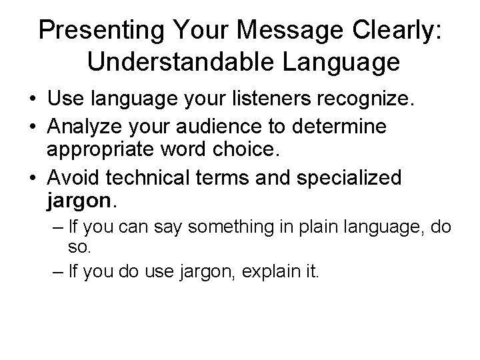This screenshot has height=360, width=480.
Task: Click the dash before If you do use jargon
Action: pos(57,271)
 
